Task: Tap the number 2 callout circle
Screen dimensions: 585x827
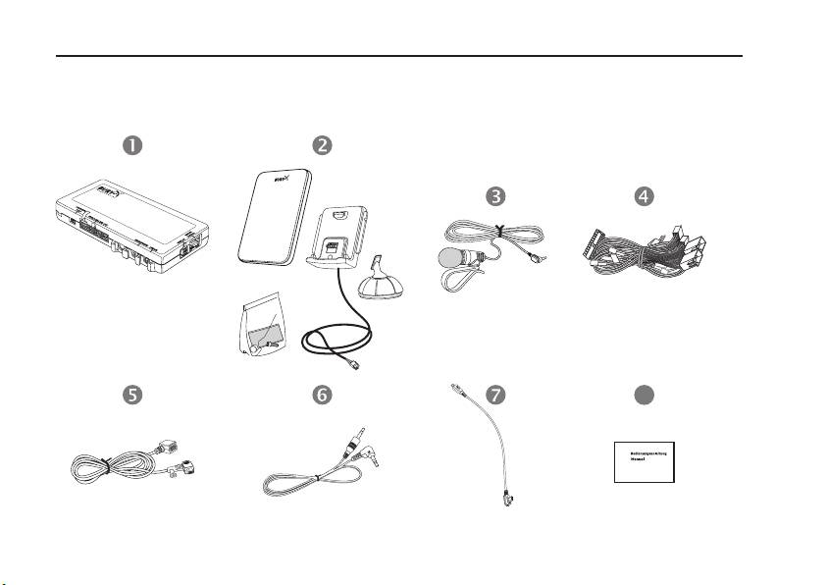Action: click(321, 144)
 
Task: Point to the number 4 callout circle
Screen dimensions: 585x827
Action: click(643, 195)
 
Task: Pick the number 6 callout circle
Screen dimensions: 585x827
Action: click(321, 394)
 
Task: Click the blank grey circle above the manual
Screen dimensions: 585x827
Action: click(643, 394)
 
